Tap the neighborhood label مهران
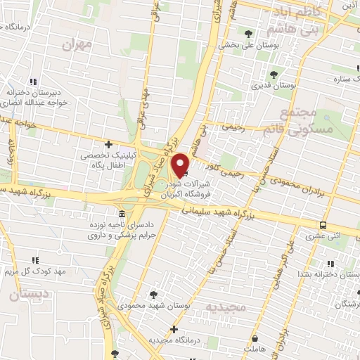77,46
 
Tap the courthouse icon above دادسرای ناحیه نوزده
122,213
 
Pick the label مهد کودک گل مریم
42,270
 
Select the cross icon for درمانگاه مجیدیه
173,328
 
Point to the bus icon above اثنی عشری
323,225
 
